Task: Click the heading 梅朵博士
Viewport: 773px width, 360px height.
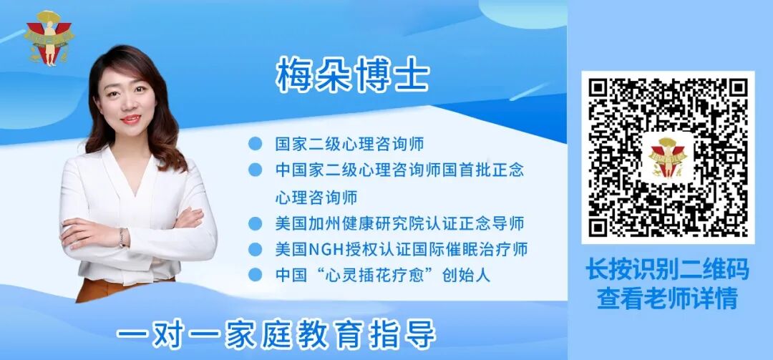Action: click(352, 75)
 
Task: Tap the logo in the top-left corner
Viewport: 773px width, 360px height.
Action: click(49, 38)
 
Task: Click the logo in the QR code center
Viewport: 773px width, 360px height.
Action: click(667, 156)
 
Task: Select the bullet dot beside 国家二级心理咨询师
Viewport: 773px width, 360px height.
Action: click(254, 144)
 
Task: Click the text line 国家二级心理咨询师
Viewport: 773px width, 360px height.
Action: click(349, 144)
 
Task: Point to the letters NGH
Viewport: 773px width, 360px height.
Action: click(327, 249)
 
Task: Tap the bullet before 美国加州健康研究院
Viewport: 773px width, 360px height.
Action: click(254, 223)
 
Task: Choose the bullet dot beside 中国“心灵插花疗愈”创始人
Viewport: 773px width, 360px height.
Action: click(254, 275)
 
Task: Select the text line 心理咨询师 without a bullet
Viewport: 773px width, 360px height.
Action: click(316, 196)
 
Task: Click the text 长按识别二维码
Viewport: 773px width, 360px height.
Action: click(667, 270)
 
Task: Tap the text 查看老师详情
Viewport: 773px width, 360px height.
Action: click(667, 298)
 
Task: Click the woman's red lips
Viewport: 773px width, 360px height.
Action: click(130, 119)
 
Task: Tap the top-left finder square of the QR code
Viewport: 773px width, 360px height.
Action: click(603, 93)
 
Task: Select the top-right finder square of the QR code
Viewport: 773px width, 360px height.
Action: click(731, 93)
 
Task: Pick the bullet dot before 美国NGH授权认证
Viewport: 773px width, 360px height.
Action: click(254, 249)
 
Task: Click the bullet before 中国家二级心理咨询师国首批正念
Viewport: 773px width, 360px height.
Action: click(254, 170)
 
